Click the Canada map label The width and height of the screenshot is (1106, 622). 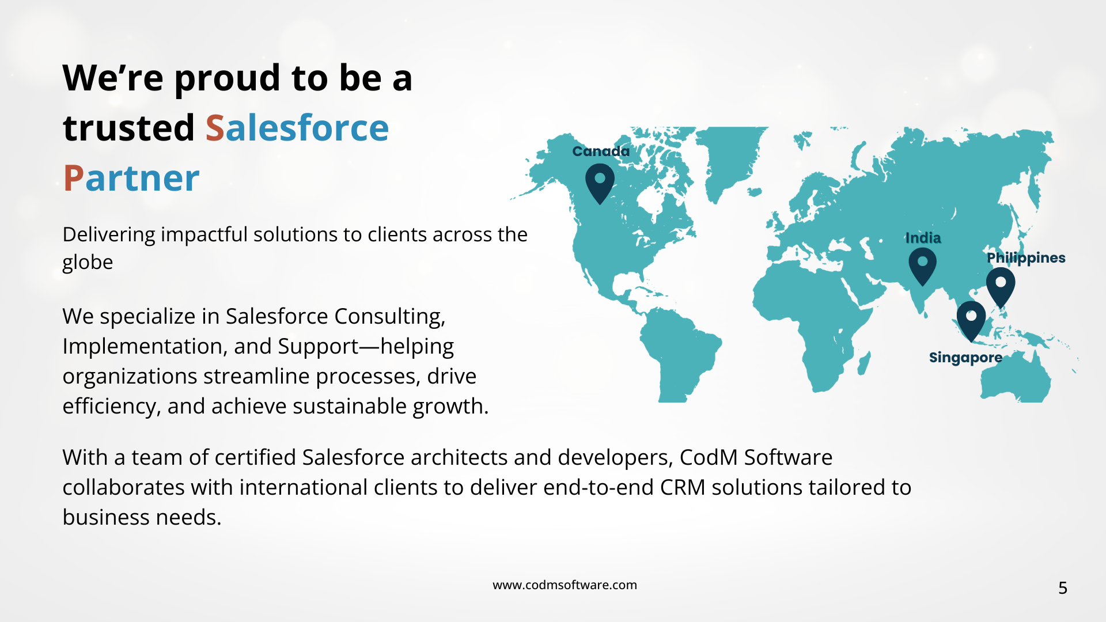[x=601, y=151]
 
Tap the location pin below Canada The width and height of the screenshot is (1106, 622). [x=600, y=184]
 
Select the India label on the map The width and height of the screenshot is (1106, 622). [x=923, y=238]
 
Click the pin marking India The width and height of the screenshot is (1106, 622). [x=922, y=267]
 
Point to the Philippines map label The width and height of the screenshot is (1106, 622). [x=1026, y=258]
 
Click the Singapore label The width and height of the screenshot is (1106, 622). [x=965, y=358]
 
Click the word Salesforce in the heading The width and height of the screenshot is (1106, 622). [x=297, y=127]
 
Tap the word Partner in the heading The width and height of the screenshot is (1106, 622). [x=131, y=178]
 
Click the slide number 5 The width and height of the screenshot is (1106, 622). [x=1063, y=588]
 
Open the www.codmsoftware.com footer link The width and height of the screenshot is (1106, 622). [x=565, y=585]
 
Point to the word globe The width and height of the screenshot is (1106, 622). [x=88, y=263]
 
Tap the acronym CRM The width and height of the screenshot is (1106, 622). [x=683, y=487]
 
